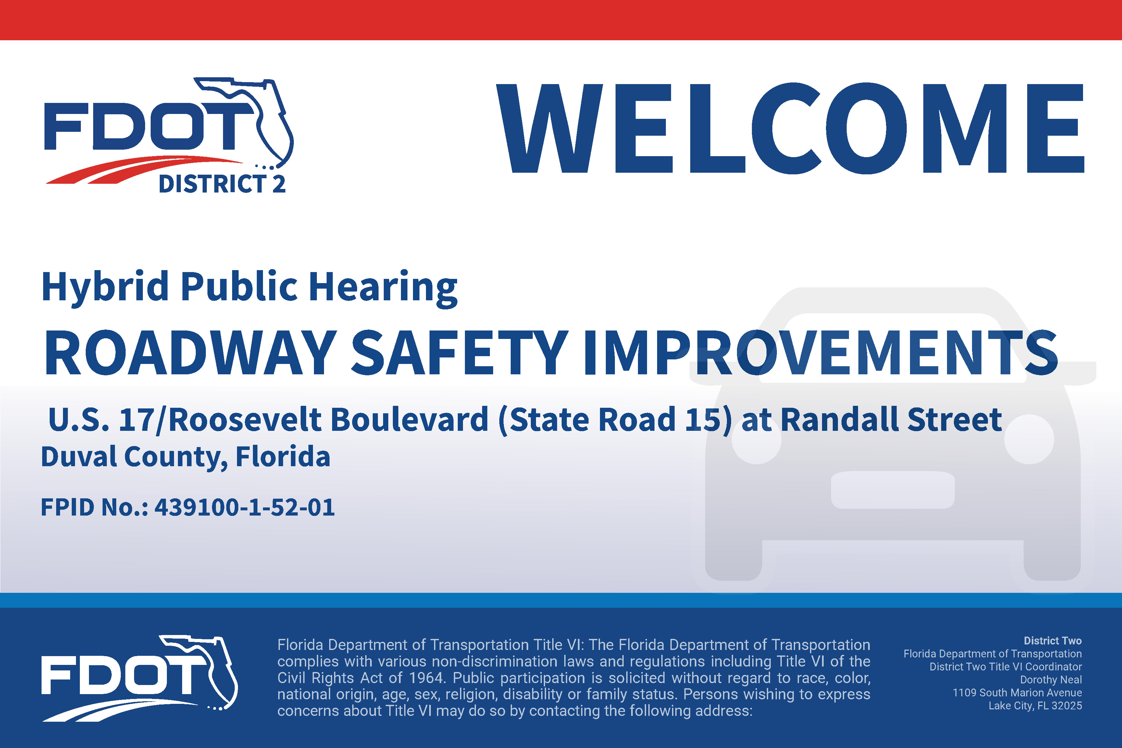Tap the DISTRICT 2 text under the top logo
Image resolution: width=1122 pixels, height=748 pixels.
tap(222, 184)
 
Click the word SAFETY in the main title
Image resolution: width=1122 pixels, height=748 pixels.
tap(459, 353)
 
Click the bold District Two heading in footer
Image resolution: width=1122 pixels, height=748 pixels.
tap(1053, 641)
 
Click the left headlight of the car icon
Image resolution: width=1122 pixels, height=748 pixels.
tap(756, 439)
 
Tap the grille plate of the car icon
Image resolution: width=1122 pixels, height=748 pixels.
tap(892, 490)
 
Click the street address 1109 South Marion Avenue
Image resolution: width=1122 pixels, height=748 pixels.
tap(1017, 693)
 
